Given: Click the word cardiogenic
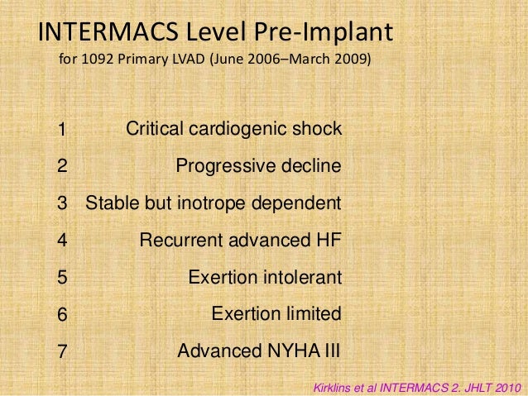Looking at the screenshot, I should point(241,130).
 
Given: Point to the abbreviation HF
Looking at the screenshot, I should point(329,241).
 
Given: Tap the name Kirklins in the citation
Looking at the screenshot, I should point(332,385).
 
